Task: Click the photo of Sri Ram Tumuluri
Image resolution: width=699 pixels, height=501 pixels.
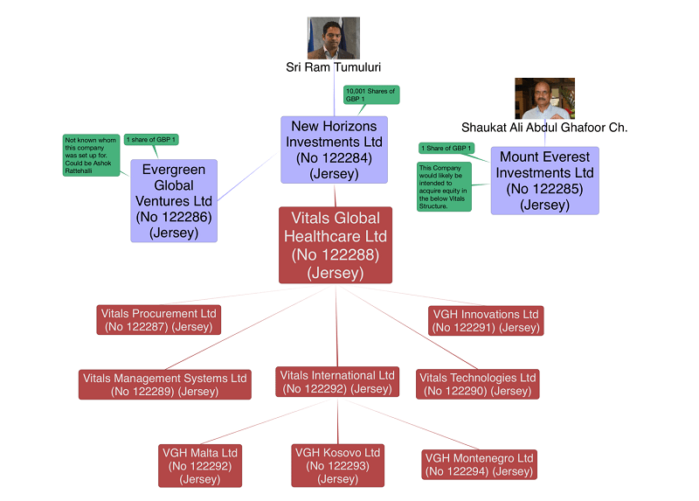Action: (333, 38)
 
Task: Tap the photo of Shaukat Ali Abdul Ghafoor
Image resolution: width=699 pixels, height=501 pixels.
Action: (544, 98)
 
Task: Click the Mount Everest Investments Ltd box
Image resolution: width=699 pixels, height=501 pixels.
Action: (545, 181)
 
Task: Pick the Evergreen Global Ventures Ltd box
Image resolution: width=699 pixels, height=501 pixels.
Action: (173, 200)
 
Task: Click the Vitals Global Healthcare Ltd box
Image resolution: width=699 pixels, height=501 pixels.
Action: (336, 245)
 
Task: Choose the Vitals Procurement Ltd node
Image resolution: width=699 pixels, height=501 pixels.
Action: (158, 320)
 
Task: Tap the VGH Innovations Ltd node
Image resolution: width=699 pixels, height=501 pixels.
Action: (486, 320)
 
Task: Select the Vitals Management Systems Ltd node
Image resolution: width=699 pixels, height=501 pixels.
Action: (165, 385)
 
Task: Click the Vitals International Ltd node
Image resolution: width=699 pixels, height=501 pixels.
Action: (337, 382)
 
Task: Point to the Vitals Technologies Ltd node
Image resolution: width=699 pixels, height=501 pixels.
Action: (477, 385)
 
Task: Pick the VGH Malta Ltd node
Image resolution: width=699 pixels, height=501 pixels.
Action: (200, 466)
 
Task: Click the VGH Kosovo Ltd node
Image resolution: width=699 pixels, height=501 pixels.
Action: (338, 466)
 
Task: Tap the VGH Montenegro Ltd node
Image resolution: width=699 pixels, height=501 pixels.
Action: (478, 464)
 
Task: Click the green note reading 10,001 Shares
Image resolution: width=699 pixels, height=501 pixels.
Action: (371, 95)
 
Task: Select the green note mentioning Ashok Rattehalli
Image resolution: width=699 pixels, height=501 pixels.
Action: (91, 156)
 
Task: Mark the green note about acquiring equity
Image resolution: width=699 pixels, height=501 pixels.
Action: (445, 186)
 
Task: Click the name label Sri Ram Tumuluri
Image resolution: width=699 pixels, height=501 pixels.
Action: (334, 67)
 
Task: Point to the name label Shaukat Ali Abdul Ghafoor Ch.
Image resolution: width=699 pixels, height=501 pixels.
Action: (544, 128)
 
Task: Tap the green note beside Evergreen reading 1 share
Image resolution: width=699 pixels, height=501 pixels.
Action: (151, 140)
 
